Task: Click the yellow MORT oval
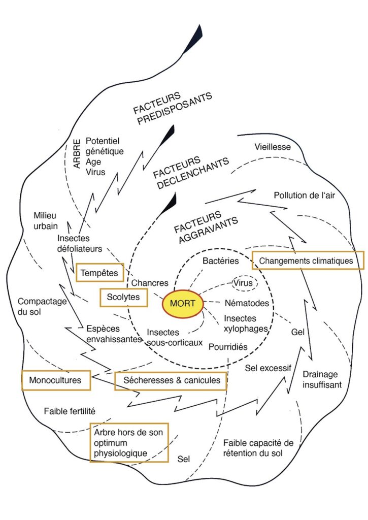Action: pos(183,304)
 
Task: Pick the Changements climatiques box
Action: pos(309,261)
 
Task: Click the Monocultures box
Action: pos(56,380)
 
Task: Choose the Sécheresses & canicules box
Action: pos(171,380)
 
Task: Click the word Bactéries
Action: pos(220,261)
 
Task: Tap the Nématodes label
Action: pos(246,303)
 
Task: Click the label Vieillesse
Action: pos(272,147)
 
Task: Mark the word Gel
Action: pos(298,332)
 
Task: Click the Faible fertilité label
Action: pos(70,410)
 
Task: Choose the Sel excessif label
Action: pos(268,368)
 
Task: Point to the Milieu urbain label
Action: pos(46,220)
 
